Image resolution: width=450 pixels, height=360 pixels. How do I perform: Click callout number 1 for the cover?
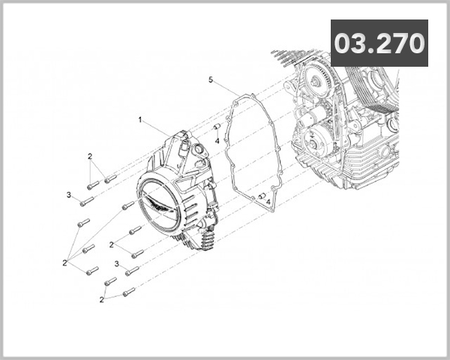tap(140, 118)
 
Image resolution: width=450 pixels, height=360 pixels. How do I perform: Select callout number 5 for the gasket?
tap(211, 79)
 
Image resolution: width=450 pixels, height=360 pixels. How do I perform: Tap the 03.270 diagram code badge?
tap(379, 43)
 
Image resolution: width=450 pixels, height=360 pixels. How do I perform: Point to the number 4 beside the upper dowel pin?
tap(217, 139)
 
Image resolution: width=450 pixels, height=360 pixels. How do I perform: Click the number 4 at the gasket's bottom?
tap(268, 202)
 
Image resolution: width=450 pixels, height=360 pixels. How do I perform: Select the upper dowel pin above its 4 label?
tap(215, 127)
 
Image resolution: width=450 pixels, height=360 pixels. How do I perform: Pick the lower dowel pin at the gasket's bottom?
tap(262, 196)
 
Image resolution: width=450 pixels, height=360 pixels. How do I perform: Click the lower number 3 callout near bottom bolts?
tap(117, 263)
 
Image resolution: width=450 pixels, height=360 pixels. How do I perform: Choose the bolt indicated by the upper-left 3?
tap(86, 201)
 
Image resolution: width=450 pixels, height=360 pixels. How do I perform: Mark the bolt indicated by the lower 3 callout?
tap(131, 270)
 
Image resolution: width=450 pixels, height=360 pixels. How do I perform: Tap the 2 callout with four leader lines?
tap(66, 262)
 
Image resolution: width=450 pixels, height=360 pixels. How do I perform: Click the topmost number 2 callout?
tap(89, 156)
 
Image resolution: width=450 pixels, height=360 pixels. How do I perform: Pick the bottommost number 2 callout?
tap(101, 299)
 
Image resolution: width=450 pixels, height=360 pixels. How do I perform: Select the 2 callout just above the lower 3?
tap(112, 244)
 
